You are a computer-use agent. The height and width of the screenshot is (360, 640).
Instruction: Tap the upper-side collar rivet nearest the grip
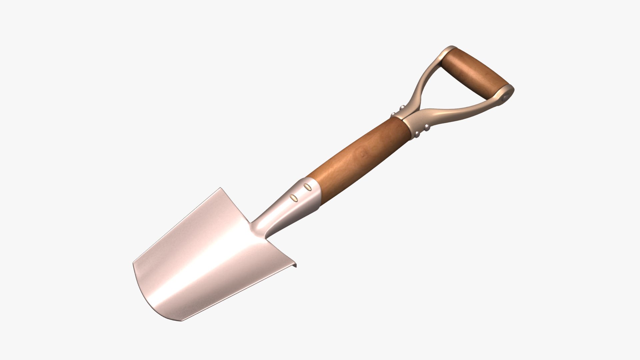click(402, 107)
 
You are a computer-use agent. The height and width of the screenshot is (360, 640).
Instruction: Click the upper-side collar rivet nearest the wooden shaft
click(393, 114)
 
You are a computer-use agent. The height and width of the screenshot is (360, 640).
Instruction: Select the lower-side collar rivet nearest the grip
click(427, 128)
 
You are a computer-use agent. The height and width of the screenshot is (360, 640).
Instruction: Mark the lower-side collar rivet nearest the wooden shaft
click(418, 134)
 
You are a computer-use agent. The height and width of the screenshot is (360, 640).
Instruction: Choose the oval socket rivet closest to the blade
click(294, 198)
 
